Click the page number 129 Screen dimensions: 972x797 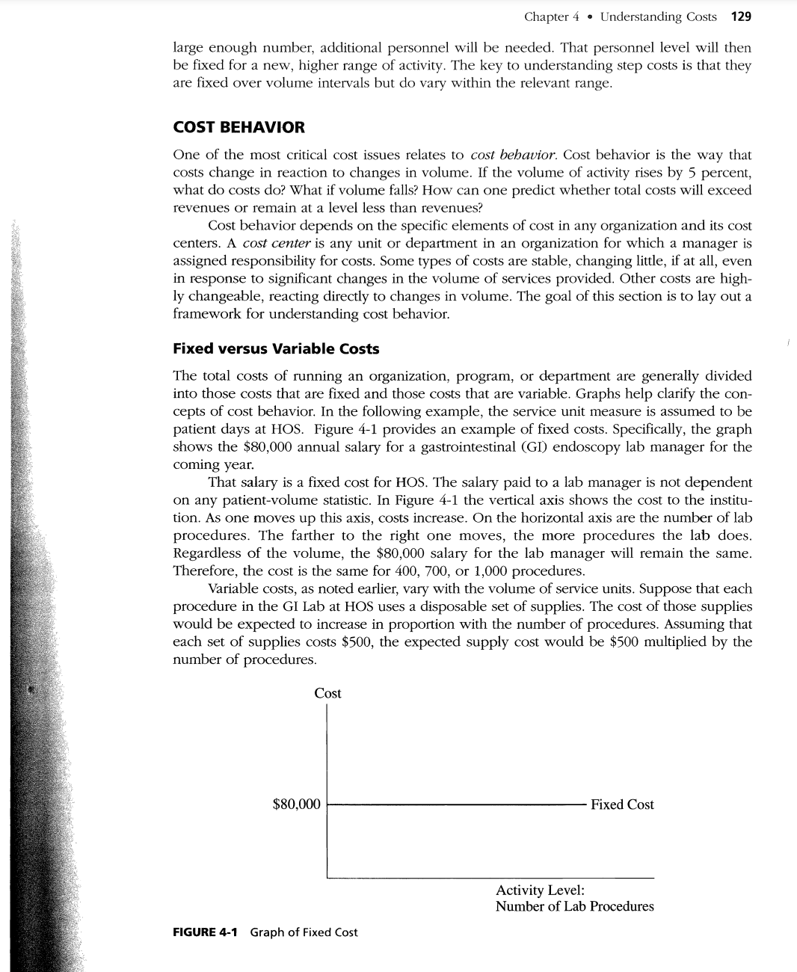(741, 16)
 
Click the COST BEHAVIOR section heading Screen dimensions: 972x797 (239, 127)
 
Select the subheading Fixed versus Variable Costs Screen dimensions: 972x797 (276, 348)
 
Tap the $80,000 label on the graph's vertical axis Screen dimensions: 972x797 (296, 805)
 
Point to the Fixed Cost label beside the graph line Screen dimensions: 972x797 (622, 805)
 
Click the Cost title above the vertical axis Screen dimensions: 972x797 (327, 693)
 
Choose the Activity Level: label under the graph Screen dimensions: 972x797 (540, 890)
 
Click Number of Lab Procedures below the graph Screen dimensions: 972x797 (574, 906)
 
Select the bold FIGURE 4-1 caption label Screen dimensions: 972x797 (205, 932)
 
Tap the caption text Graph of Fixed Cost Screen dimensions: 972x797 (304, 932)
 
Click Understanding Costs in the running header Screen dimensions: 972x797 (658, 16)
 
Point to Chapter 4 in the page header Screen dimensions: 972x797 (551, 16)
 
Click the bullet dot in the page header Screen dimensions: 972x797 (590, 17)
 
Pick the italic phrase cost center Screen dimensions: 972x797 (277, 243)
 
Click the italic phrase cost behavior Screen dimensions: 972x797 (513, 155)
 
